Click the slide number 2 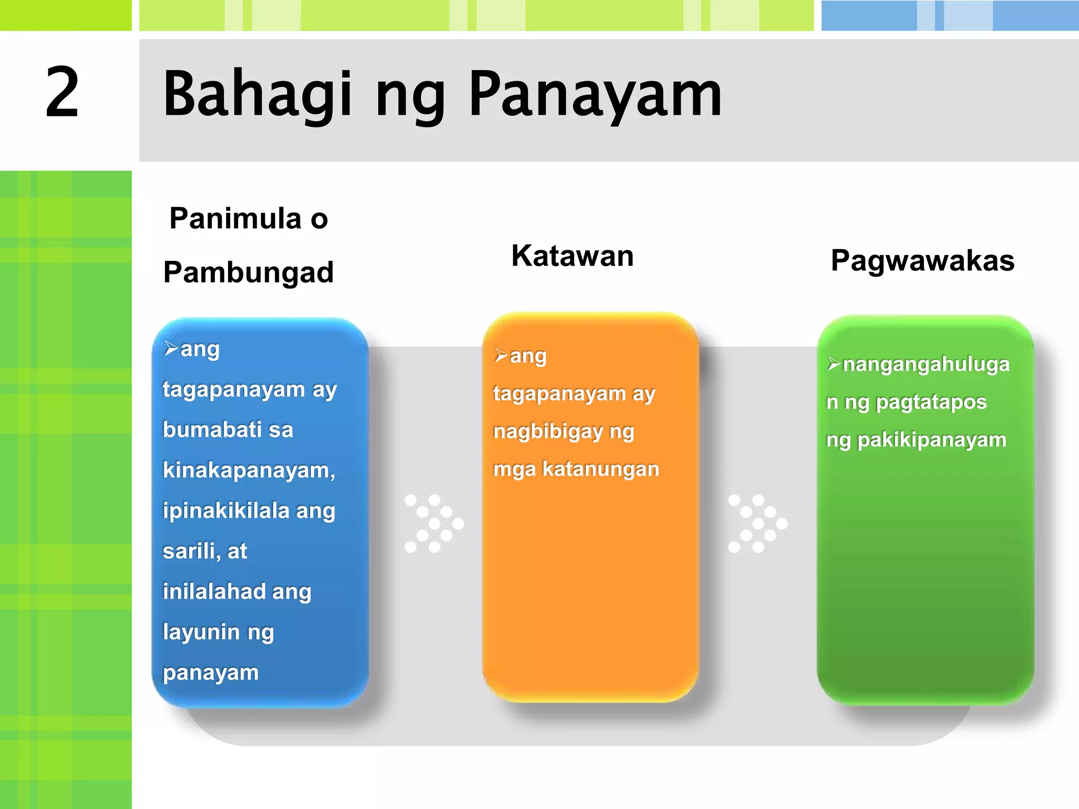[x=62, y=93]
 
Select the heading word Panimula [x=235, y=219]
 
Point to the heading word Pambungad [x=248, y=273]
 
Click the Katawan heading [x=572, y=256]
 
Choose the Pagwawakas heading [x=923, y=261]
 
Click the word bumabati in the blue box [x=212, y=430]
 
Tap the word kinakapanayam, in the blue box [x=249, y=470]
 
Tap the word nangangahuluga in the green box [x=926, y=364]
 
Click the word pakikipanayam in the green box [x=931, y=440]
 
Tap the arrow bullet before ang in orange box [x=501, y=356]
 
